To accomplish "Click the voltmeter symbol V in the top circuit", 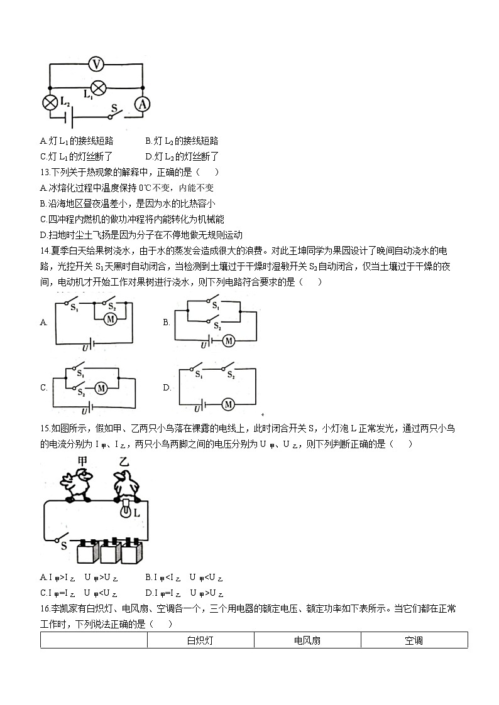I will (x=96, y=63).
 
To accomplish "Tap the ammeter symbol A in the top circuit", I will (x=142, y=104).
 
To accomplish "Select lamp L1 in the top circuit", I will (x=98, y=88).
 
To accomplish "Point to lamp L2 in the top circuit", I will (x=50, y=102).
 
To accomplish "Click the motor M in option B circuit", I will (x=229, y=341).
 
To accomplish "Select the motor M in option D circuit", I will (x=228, y=404).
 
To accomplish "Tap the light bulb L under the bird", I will (x=126, y=509).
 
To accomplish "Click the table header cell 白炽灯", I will (x=200, y=640).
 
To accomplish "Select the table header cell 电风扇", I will (x=307, y=640).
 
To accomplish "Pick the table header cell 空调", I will (x=414, y=640).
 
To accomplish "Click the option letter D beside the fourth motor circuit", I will (x=167, y=387).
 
